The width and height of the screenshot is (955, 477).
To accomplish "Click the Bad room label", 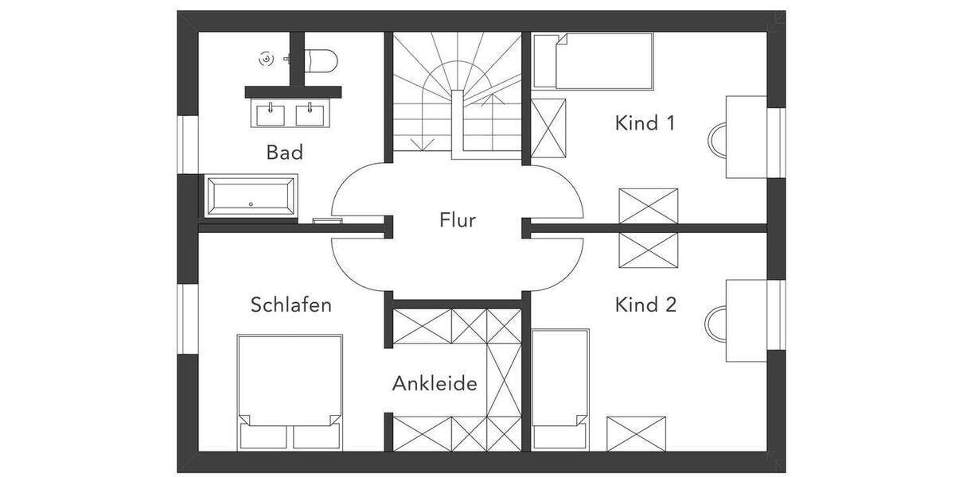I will point(285,152).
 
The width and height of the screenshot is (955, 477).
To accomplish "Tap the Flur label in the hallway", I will point(458,219).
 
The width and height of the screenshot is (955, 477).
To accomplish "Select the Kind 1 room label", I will point(645,123).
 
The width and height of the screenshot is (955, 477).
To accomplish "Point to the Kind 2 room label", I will point(645,304).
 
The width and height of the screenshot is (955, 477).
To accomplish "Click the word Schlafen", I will point(290,304).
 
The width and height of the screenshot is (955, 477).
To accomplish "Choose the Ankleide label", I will point(435,384).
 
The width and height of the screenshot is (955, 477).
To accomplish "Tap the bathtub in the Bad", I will point(251,196).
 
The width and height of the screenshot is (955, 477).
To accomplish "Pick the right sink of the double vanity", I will point(310,114).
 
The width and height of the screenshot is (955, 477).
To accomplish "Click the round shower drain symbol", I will point(267,58).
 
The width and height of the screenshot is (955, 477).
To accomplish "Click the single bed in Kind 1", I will point(593,60).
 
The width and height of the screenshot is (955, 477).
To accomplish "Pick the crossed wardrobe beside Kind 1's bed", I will point(548,128).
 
